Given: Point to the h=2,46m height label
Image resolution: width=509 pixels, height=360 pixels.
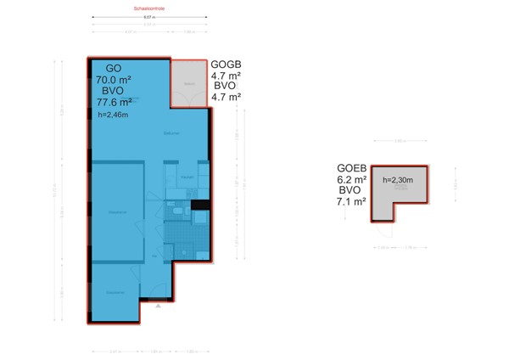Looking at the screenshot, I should click(x=116, y=116).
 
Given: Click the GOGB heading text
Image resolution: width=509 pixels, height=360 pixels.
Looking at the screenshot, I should click(x=227, y=64).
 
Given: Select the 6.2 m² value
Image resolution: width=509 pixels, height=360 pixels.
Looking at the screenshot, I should click(x=352, y=180).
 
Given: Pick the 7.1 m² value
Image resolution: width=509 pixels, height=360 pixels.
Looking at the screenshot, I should click(x=352, y=202).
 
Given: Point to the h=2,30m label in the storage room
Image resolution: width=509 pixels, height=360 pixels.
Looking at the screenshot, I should click(x=397, y=180).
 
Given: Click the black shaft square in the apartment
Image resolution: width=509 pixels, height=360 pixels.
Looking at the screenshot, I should click(x=200, y=204).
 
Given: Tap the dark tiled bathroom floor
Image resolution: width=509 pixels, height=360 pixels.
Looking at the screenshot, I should click(x=181, y=229).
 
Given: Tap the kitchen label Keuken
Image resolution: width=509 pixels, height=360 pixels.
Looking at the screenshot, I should click(x=187, y=177).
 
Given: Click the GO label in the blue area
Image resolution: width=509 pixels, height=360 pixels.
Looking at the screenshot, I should click(x=115, y=69).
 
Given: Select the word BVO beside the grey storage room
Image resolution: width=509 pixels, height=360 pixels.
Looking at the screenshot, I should click(x=352, y=191).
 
